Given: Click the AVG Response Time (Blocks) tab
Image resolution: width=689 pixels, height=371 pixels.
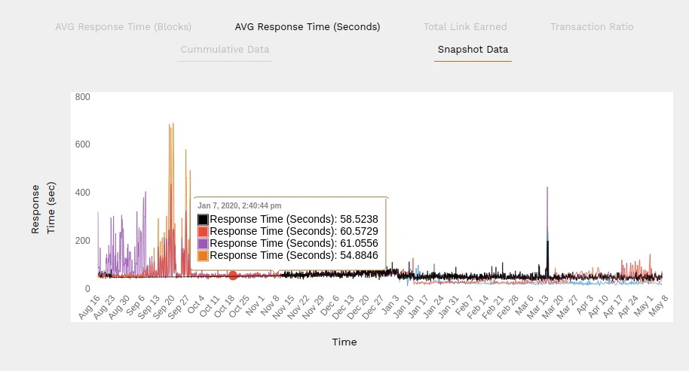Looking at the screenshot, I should point(124,26).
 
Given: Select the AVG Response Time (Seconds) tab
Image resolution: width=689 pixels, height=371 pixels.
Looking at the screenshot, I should point(308,26).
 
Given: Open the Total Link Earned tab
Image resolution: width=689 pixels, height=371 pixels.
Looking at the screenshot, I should point(465,26).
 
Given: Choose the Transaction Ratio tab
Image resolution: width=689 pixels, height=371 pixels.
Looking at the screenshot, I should point(592,26).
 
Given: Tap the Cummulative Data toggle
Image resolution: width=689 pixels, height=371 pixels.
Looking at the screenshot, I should point(225,50).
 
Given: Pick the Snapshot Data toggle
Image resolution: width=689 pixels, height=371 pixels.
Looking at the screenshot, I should point(473,50).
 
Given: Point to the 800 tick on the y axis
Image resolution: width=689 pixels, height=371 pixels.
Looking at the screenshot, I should point(82,96).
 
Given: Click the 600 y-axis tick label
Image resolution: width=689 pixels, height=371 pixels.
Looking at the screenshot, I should point(82,144).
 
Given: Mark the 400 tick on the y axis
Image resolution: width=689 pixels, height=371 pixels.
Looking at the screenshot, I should point(82,193).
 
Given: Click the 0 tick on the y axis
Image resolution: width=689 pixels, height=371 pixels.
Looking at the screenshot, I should point(87,289).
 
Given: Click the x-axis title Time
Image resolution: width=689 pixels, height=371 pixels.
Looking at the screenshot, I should point(344,342).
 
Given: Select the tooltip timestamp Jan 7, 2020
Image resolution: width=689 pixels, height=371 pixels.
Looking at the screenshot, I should point(239,205).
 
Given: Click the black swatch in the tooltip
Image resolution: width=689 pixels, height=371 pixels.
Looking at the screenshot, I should point(203,220).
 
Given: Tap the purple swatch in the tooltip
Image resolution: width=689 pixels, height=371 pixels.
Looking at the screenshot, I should point(203,244).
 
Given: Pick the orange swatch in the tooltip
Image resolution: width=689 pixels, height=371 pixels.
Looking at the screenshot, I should point(203,256).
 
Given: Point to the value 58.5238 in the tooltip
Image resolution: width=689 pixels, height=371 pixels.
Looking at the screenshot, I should point(358,220).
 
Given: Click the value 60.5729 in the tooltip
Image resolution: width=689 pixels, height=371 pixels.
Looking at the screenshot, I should point(358,232).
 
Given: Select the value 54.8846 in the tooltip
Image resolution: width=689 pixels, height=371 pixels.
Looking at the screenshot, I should point(358,256).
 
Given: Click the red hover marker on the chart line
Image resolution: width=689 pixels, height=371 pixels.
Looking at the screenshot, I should point(233,275).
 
